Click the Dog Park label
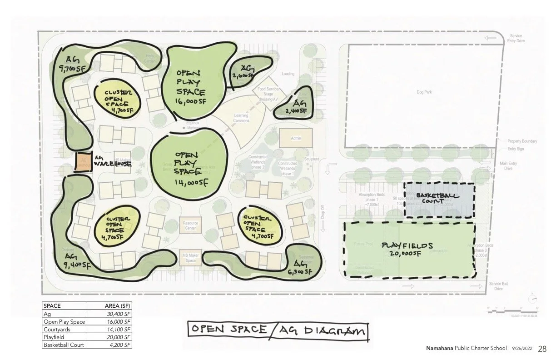coord(424,92)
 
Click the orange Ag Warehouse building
coord(83,161)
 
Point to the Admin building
coord(296,138)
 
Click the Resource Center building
coord(190,225)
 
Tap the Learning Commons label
coord(241,118)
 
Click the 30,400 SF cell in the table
coord(119,314)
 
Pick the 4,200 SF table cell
coord(120,345)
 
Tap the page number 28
coord(542,349)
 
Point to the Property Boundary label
coord(522,141)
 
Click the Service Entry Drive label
coord(516,38)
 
